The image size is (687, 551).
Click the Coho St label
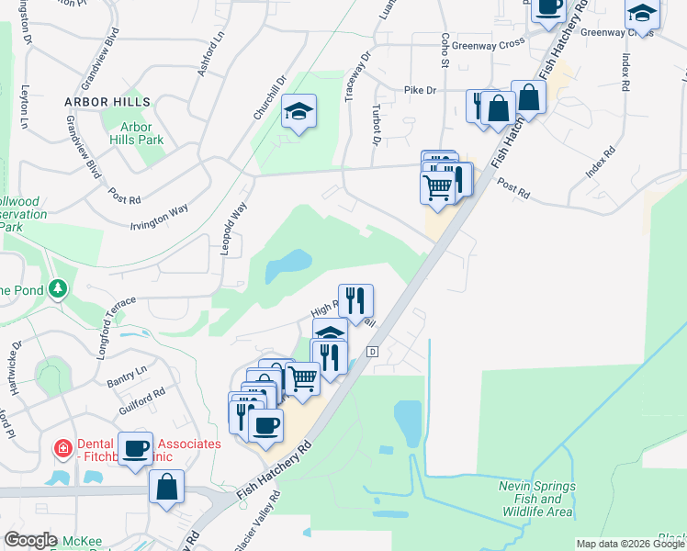point(444,51)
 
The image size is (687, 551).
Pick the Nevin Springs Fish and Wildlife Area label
point(537,498)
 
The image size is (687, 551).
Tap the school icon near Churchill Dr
point(298,112)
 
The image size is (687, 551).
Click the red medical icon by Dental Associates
point(62,449)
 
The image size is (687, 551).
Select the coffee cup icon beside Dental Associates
point(136,448)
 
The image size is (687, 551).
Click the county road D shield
point(373,352)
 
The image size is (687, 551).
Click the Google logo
point(31,540)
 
